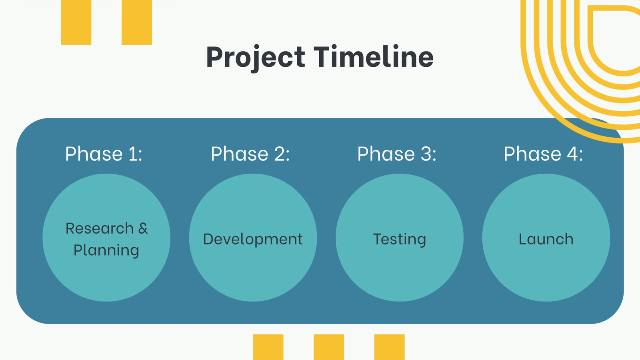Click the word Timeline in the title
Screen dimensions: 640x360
coord(374,56)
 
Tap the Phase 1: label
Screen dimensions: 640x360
coord(104,154)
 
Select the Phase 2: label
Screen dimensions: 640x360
coord(250,154)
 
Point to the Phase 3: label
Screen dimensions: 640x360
coord(397,154)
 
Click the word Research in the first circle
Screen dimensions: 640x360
coord(100,228)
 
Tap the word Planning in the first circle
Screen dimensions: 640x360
coord(106,250)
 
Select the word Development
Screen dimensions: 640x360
coord(253,240)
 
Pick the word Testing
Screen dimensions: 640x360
coord(400,240)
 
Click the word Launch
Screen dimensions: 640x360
coord(546,239)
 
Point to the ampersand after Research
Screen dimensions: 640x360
coord(143,228)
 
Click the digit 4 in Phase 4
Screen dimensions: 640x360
coord(572,154)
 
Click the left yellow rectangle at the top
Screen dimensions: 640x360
coord(76,22)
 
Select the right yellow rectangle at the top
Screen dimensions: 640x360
coord(136,22)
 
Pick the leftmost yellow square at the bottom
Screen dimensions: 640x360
coord(268,347)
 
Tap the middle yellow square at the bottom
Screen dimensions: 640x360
coord(329,347)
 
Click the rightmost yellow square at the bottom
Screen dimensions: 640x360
coord(390,347)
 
